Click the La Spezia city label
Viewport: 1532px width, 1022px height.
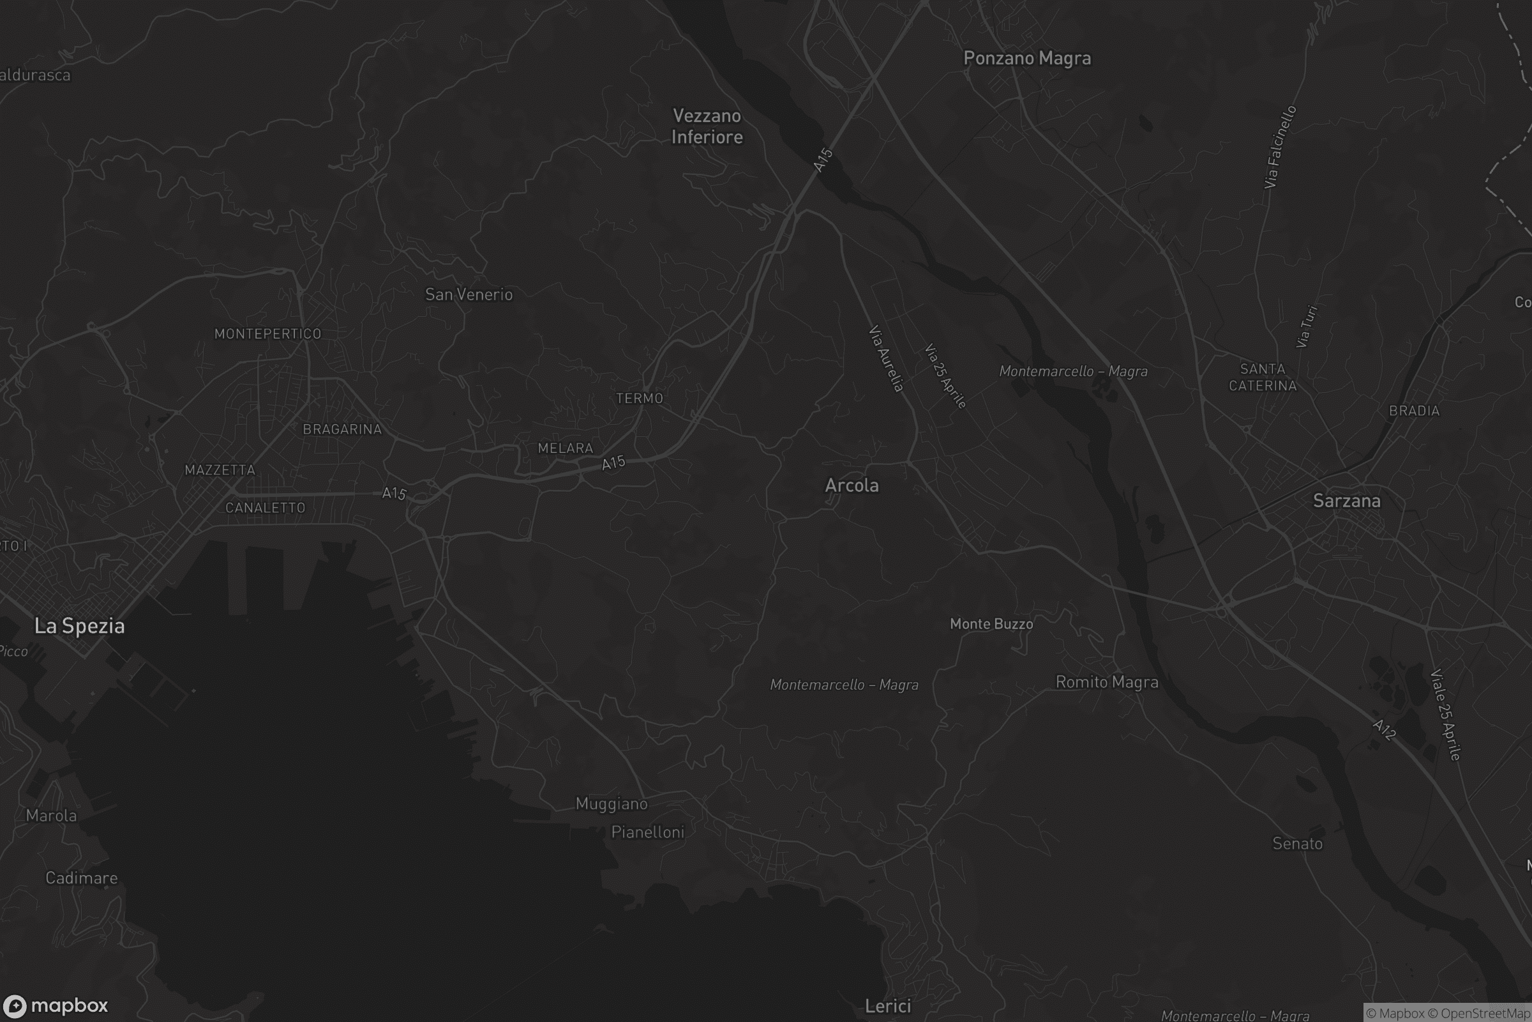click(79, 627)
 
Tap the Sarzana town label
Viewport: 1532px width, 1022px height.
click(1346, 501)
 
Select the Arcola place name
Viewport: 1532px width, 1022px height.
click(852, 485)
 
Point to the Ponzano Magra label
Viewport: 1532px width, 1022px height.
click(1026, 59)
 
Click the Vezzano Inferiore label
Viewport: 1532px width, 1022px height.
click(707, 126)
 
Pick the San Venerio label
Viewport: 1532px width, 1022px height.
click(469, 294)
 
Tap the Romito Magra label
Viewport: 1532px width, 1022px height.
click(1107, 682)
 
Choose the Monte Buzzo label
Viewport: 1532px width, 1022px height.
click(991, 624)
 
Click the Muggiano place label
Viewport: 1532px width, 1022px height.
click(612, 804)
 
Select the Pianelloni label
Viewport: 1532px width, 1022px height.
click(647, 832)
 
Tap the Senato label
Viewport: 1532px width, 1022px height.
click(1297, 843)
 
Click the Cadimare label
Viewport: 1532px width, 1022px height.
click(82, 878)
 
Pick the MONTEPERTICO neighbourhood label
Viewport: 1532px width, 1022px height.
click(267, 333)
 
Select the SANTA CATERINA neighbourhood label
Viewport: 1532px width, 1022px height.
click(1263, 378)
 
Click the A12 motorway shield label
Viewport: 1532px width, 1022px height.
click(1383, 729)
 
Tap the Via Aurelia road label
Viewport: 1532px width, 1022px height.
click(887, 358)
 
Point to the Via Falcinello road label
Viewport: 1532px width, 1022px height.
click(1280, 148)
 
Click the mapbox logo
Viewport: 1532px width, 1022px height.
click(55, 1005)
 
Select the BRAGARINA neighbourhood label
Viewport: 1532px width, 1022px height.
click(342, 429)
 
